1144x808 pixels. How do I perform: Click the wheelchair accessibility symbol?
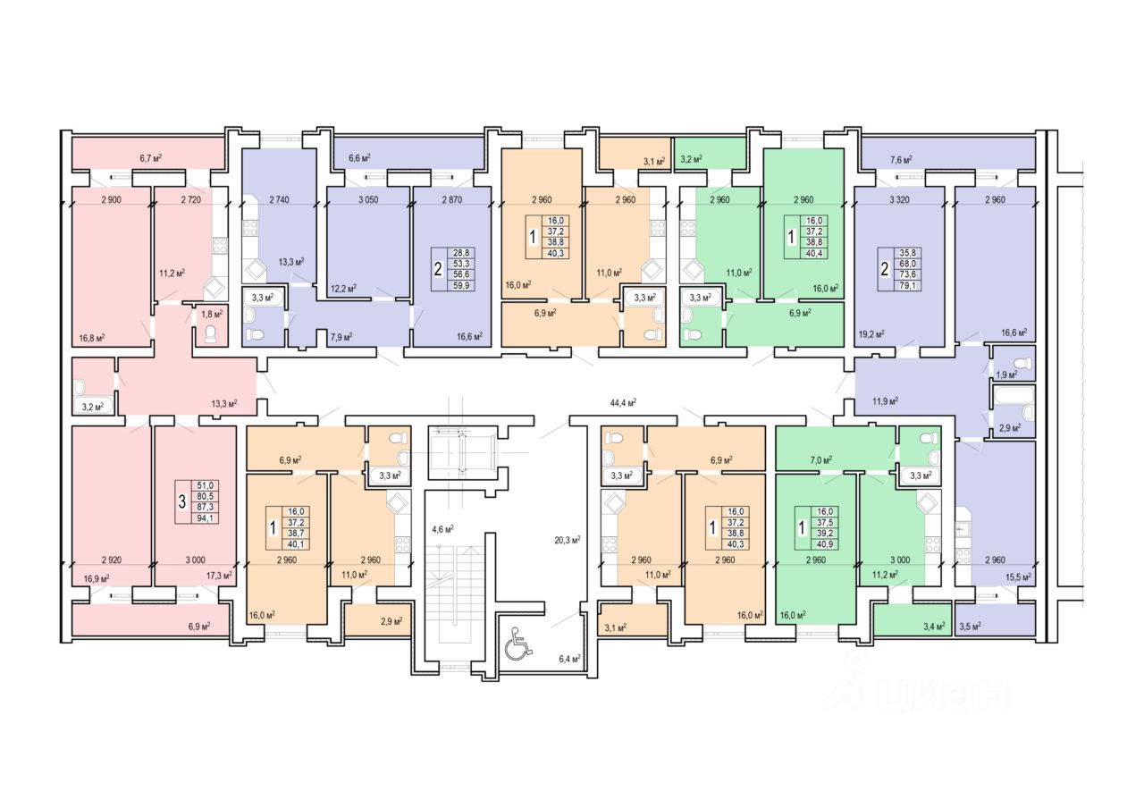[517, 644]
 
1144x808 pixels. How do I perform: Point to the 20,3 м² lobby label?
[567, 539]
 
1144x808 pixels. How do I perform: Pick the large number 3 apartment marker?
[182, 501]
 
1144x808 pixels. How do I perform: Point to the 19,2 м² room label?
[871, 333]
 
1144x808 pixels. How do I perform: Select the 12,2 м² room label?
[344, 288]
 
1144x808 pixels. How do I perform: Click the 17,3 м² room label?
[219, 577]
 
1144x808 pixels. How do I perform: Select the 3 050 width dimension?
[366, 199]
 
